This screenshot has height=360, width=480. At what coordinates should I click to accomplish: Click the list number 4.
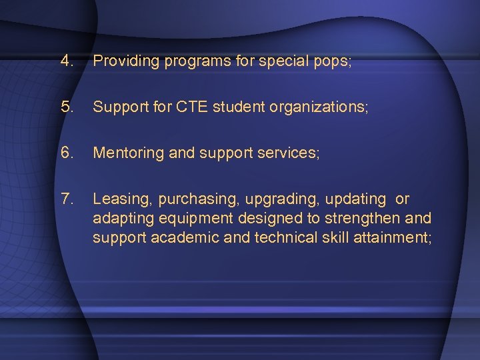pyautogui.click(x=66, y=61)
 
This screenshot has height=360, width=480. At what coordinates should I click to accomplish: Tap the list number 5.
pyautogui.click(x=66, y=107)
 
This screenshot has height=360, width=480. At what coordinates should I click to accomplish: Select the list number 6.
pyautogui.click(x=66, y=153)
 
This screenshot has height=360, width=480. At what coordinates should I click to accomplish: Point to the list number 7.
pyautogui.click(x=66, y=199)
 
